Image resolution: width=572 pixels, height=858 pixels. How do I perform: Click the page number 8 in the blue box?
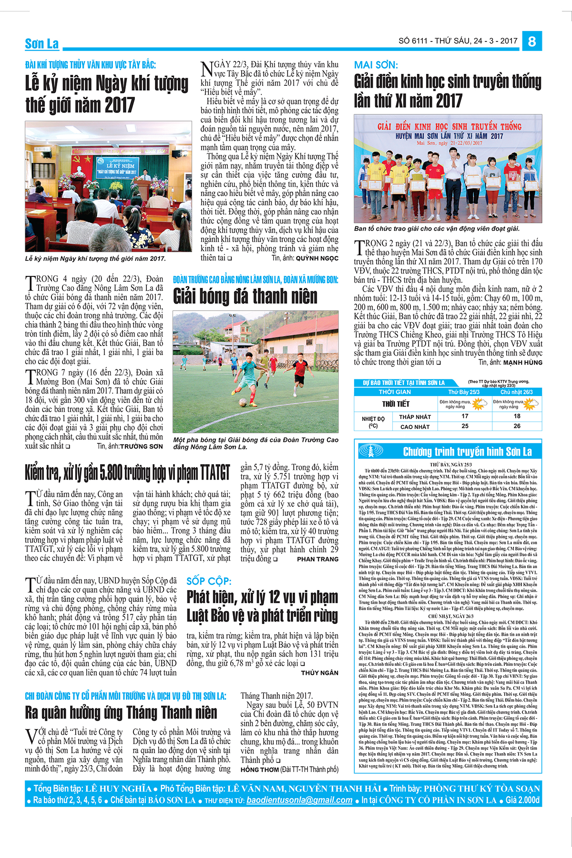532,41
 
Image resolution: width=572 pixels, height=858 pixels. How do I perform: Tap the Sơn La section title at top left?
42,44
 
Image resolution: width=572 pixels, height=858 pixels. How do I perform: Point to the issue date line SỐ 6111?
458,41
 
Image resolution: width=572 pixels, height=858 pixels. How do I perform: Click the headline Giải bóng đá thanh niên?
245,296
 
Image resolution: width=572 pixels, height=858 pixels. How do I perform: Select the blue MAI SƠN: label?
376,65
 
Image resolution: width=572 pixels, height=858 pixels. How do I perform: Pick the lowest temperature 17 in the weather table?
465,416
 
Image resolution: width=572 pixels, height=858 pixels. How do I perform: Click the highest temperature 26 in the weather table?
517,426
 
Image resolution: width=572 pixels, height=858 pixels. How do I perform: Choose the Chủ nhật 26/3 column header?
517,392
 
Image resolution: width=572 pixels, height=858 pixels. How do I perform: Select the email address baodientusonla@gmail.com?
299,800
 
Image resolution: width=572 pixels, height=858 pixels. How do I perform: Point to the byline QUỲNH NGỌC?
317,258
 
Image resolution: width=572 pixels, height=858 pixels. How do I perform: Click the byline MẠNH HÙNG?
522,362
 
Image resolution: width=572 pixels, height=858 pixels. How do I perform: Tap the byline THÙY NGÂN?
319,673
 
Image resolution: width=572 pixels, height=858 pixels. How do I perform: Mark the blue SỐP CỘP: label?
209,581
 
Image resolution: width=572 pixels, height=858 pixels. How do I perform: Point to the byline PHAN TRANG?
317,559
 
